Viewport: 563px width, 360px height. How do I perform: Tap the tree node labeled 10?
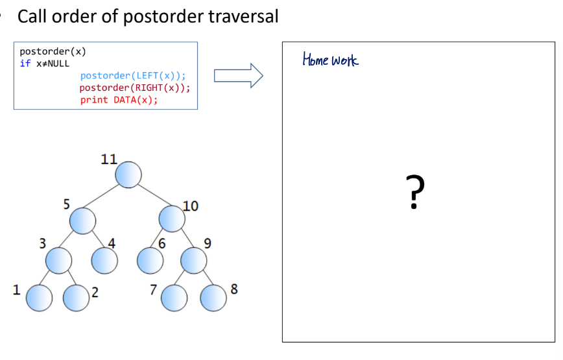[172, 219]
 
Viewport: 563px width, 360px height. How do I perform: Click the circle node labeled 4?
[103, 260]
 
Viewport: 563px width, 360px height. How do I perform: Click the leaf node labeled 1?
[38, 298]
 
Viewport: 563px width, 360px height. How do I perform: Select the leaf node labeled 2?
[76, 298]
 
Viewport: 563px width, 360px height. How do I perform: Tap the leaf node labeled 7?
[173, 298]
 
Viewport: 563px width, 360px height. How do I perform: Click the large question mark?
[416, 192]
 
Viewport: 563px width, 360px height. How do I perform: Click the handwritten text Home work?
[330, 61]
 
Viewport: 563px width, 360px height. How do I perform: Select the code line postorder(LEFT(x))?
[133, 76]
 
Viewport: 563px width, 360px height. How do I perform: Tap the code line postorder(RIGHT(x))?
[135, 88]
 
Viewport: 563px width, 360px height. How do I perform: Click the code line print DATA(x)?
[119, 100]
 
